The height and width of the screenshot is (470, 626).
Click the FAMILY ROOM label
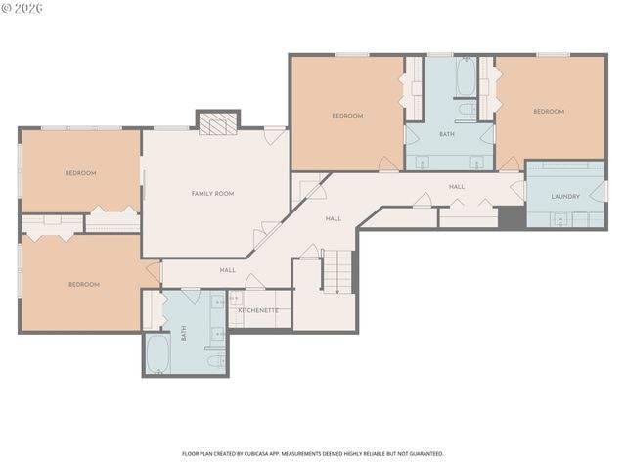(x=212, y=194)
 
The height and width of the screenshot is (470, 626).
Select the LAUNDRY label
(x=565, y=196)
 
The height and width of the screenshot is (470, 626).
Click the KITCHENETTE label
(x=258, y=310)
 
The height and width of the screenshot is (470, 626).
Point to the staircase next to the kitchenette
(x=336, y=270)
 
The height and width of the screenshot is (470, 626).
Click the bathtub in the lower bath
(x=157, y=354)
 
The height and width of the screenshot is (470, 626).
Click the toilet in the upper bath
(x=468, y=107)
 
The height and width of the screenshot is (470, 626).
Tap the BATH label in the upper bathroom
(x=447, y=134)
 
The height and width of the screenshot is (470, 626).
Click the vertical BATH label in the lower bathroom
(x=183, y=334)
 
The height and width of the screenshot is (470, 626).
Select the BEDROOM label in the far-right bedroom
(x=549, y=112)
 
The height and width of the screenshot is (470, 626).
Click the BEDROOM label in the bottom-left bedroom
(x=84, y=284)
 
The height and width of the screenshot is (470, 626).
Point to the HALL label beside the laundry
(x=456, y=186)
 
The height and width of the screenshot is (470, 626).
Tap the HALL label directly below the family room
(x=228, y=270)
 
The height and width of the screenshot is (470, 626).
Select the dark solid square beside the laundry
(x=512, y=217)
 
